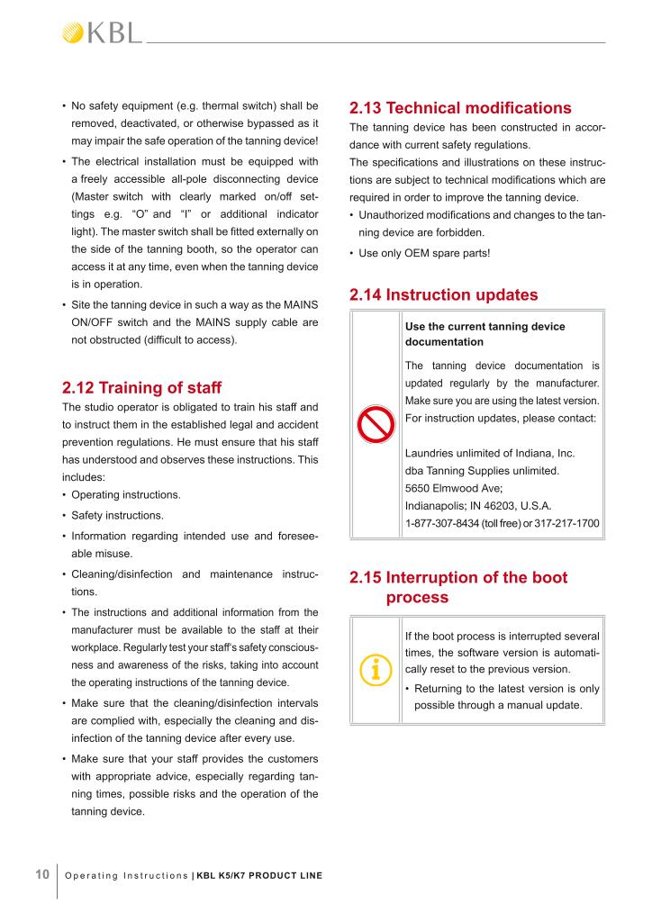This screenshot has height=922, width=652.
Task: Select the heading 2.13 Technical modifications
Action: click(x=459, y=108)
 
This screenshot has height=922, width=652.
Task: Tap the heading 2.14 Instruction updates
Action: click(x=443, y=294)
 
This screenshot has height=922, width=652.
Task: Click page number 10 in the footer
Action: click(x=41, y=874)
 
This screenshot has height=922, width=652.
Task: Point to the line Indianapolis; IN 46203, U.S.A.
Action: click(x=478, y=506)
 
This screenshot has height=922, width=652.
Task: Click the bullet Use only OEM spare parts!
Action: click(x=424, y=253)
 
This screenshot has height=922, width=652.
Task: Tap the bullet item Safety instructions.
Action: click(x=117, y=516)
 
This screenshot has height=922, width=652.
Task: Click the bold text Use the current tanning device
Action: click(x=485, y=326)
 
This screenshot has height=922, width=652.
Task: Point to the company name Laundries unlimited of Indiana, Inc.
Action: click(x=490, y=453)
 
